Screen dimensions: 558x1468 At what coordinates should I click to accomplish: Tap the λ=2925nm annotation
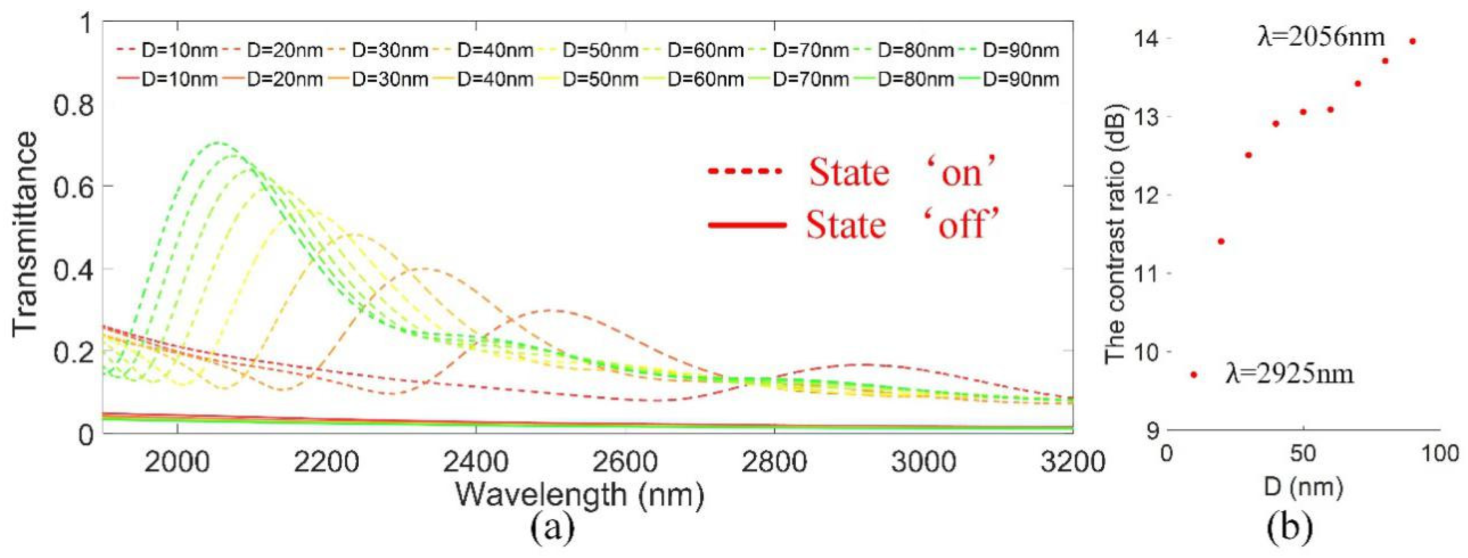(x=1289, y=375)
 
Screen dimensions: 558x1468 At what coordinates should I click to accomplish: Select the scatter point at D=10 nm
(x=1193, y=375)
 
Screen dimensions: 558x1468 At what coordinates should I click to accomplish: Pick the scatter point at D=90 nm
(x=1412, y=41)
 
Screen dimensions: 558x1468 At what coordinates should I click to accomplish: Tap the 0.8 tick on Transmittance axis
(x=73, y=106)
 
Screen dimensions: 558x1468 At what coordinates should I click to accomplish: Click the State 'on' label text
(x=903, y=172)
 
